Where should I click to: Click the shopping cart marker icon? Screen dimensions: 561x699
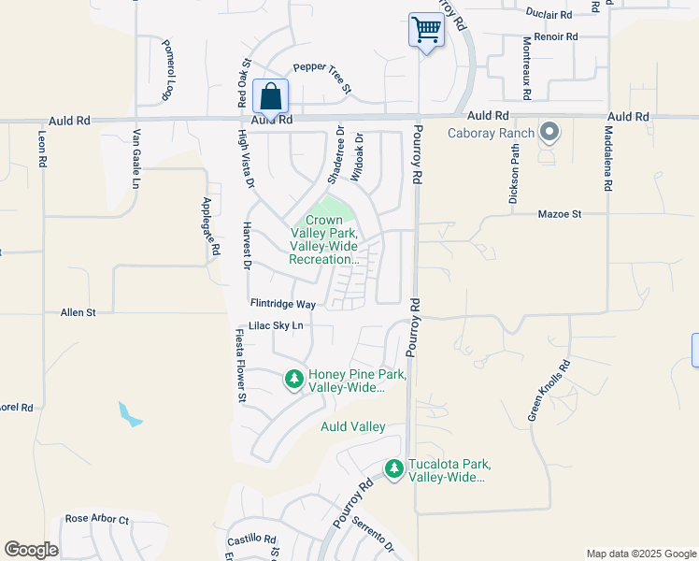tap(426, 29)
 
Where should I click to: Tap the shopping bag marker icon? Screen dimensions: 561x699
tap(270, 95)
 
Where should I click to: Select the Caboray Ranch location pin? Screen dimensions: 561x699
tap(549, 133)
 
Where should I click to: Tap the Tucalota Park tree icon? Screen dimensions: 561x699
tap(394, 468)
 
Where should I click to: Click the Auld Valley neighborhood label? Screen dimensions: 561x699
tap(353, 426)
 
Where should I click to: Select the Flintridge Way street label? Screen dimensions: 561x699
tap(282, 304)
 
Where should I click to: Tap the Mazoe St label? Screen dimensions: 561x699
tap(560, 214)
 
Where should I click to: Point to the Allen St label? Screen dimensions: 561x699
tap(78, 312)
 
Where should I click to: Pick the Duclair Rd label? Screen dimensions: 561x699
tap(549, 14)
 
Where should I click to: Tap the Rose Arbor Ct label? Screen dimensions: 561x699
tap(96, 519)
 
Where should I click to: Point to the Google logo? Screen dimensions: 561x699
tap(32, 550)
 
